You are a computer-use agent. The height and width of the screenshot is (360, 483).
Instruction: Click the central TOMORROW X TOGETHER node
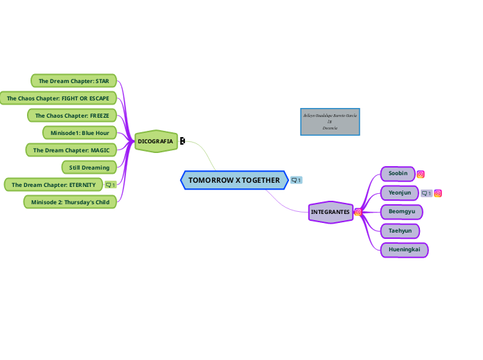(234, 180)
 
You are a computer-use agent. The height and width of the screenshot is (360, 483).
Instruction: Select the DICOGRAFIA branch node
(155, 141)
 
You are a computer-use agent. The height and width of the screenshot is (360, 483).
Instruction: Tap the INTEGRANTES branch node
(330, 212)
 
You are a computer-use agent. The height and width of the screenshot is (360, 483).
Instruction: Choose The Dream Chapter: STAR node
(74, 81)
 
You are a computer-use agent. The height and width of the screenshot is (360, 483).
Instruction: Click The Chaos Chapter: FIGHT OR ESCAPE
(58, 98)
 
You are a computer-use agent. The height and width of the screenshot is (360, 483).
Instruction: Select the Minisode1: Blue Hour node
(80, 132)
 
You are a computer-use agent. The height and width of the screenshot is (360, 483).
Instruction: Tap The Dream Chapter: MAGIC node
(71, 150)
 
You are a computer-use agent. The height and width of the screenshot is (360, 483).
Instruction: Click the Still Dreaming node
(89, 168)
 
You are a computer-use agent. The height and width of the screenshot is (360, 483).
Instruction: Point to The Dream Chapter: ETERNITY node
(53, 185)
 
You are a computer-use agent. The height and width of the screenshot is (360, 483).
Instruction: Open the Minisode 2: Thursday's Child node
(71, 201)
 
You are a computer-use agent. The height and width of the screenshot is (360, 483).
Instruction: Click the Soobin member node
(398, 173)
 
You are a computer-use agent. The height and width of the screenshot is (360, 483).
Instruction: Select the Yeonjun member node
(400, 192)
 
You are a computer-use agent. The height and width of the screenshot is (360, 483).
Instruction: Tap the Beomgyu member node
(401, 211)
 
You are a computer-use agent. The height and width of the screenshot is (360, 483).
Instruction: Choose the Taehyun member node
(400, 231)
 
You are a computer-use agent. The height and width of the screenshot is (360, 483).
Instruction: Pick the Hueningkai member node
(404, 249)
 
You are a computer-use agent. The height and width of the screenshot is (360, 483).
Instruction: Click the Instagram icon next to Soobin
(421, 174)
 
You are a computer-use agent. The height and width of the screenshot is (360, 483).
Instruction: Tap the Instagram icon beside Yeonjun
(438, 193)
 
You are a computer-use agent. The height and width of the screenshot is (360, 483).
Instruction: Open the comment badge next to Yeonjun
(426, 193)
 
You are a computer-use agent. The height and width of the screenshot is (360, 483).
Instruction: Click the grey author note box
(330, 121)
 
